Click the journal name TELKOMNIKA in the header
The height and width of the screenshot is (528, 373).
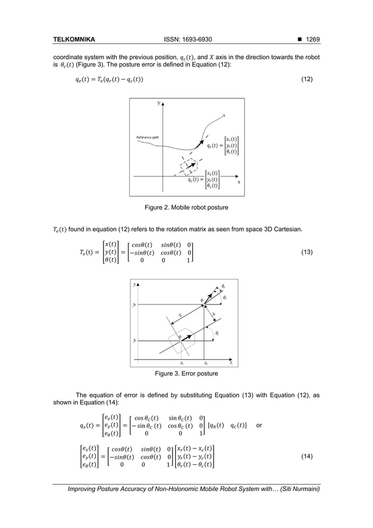click(74, 40)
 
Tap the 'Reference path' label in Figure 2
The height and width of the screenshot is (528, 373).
click(149, 138)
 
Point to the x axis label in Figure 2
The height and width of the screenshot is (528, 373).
click(238, 181)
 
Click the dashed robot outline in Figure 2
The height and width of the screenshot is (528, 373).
click(191, 166)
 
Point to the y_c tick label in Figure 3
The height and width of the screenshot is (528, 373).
click(134, 339)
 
